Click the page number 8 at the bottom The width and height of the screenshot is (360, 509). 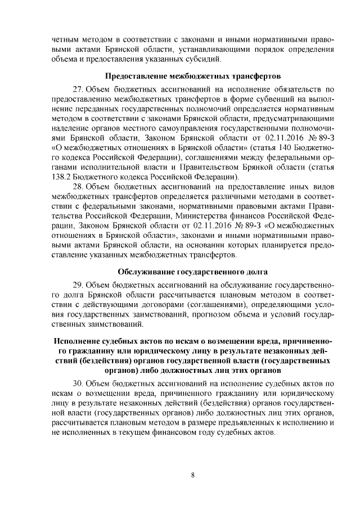(192, 475)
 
